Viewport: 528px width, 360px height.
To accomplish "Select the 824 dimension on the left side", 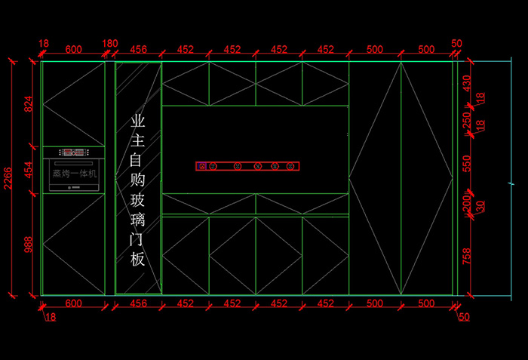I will [29, 104].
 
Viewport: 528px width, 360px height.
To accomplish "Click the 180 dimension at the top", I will [110, 44].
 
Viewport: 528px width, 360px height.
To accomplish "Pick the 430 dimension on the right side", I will [466, 83].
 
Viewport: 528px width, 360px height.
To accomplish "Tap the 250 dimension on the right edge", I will [466, 118].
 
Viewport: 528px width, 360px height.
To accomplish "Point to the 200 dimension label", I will [466, 204].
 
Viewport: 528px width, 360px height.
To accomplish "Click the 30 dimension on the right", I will [480, 205].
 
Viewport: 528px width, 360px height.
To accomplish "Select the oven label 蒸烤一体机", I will [74, 174].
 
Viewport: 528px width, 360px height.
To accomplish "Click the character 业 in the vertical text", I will [138, 121].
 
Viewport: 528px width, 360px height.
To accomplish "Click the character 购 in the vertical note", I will [138, 180].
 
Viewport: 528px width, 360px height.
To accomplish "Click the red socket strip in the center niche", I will [248, 166].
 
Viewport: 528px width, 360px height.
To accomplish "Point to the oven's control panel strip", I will [74, 152].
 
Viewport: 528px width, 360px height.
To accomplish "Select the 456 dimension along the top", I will [139, 50].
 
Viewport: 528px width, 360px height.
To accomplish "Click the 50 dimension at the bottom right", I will [464, 317].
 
